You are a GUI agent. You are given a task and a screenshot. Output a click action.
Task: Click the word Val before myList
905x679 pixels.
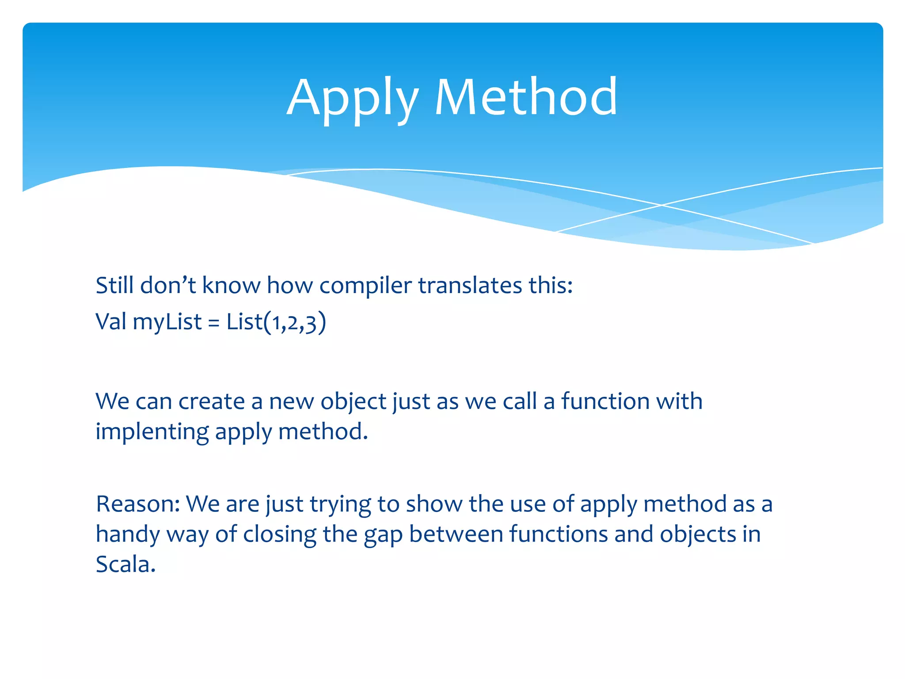111,321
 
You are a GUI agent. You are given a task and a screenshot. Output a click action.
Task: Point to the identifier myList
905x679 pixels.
167,322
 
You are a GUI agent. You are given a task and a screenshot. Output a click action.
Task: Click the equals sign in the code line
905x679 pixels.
213,323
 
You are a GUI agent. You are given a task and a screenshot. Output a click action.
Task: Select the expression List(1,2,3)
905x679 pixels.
276,322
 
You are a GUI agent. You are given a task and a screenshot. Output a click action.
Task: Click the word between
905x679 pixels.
456,534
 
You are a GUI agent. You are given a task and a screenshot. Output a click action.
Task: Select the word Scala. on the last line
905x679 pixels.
125,564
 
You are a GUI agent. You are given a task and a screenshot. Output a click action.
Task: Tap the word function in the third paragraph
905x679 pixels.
605,401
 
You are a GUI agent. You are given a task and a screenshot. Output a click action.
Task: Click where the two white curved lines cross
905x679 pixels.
661,205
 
